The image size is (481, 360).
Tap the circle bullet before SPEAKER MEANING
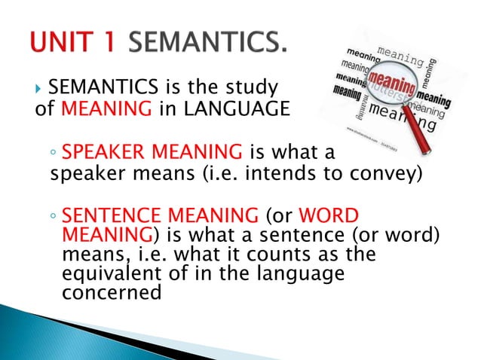(x=54, y=157)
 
